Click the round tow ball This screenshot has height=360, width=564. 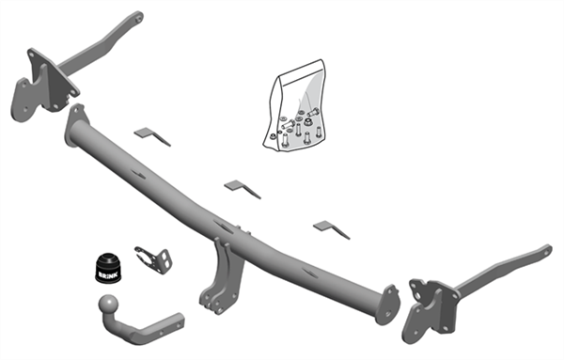[x=108, y=305]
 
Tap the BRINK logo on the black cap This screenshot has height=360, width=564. [x=107, y=274]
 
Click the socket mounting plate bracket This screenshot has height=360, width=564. [x=153, y=259]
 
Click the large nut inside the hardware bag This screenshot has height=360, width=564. [x=308, y=121]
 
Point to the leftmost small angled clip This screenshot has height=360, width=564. [x=151, y=136]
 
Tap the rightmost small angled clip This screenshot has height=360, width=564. [x=331, y=229]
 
